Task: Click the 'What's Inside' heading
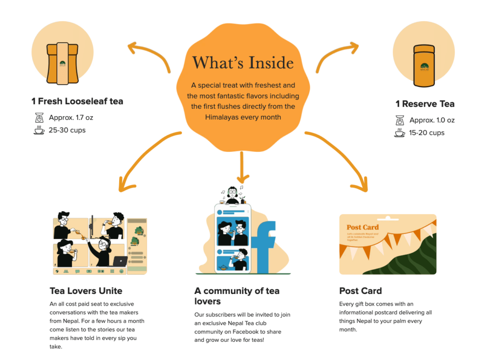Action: point(243,63)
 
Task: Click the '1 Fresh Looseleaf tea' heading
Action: point(77,101)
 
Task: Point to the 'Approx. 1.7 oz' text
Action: point(71,118)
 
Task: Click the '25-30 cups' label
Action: point(67,130)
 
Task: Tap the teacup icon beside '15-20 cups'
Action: point(400,133)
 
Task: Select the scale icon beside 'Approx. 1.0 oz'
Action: point(400,120)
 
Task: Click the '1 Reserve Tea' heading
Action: point(425,104)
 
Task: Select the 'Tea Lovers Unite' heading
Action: point(86,290)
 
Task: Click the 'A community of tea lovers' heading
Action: point(237,296)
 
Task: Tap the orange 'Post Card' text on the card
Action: point(362,227)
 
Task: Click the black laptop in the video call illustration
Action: point(120,261)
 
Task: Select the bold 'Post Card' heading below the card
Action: point(360,290)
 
